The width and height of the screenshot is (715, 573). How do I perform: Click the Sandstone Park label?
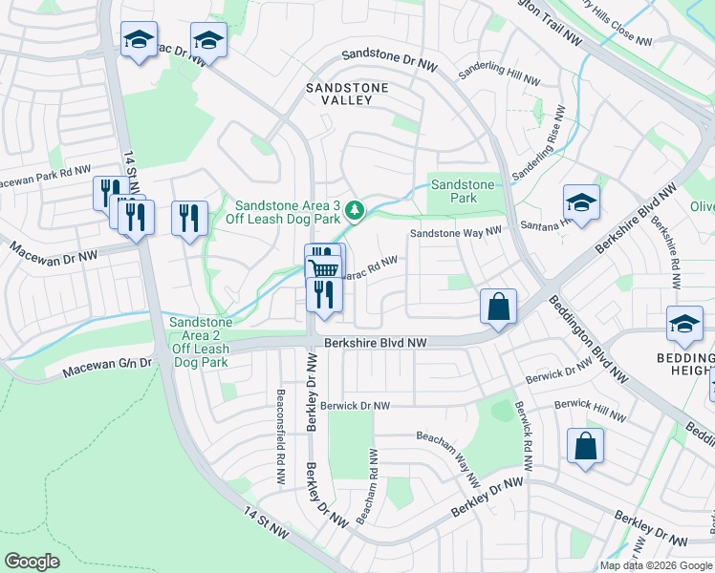coord(463,191)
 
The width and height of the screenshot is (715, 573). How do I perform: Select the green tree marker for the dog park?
coord(355,209)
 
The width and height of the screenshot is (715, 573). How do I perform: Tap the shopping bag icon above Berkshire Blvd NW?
coord(498,308)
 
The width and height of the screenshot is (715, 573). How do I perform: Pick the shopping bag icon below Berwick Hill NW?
coord(585,446)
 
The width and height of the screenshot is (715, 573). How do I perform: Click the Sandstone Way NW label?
coord(456,232)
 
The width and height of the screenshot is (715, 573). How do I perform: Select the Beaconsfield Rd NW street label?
coord(281,438)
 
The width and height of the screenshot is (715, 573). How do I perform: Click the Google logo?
coord(32,562)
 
